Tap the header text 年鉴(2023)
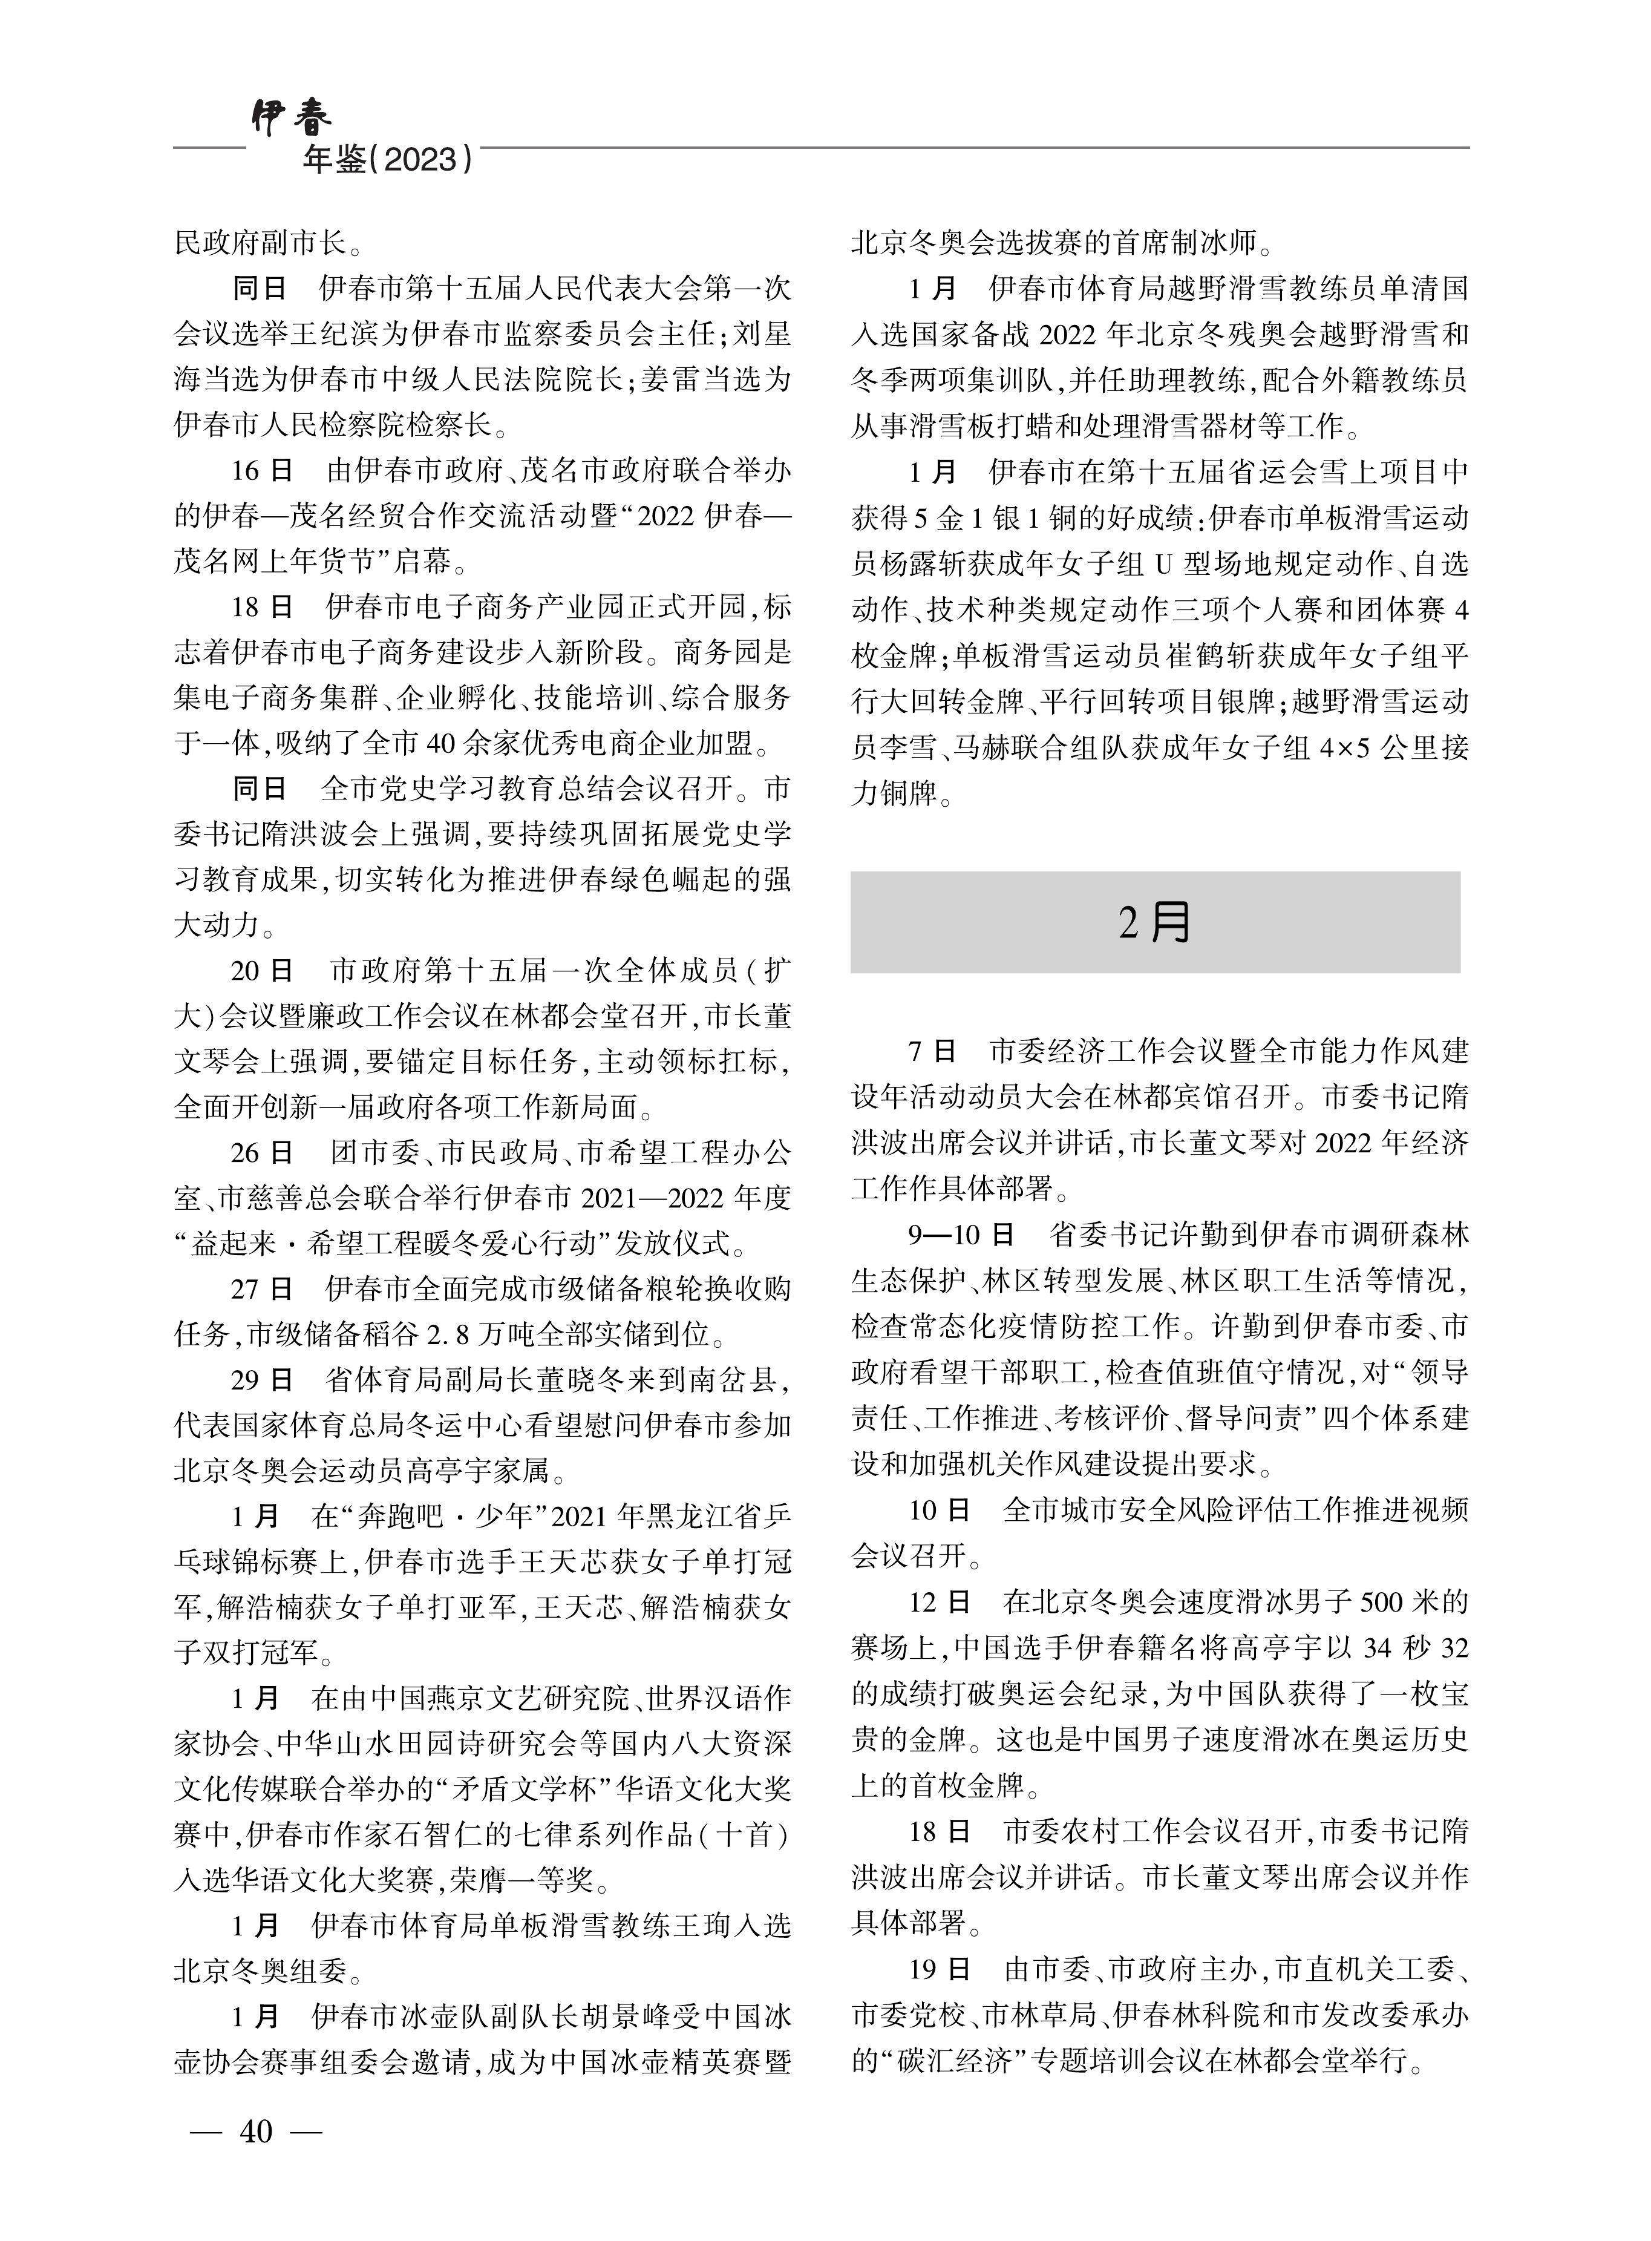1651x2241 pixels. pyautogui.click(x=388, y=160)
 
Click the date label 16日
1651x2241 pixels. pyautogui.click(x=262, y=471)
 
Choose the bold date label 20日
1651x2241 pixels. pyautogui.click(x=262, y=971)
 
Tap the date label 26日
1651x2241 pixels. pyautogui.click(x=262, y=1152)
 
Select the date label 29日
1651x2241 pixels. pyautogui.click(x=262, y=1380)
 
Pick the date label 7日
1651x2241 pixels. pyautogui.click(x=932, y=1052)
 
